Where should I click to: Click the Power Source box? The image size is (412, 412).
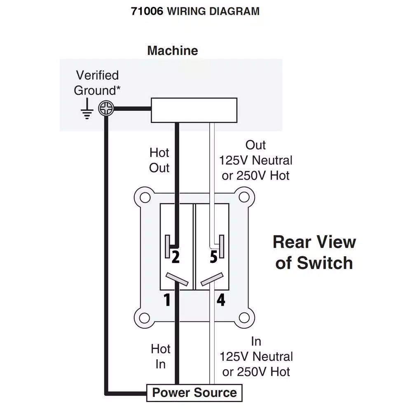[194, 393]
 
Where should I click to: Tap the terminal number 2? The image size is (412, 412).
[176, 257]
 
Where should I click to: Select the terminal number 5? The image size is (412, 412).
[213, 257]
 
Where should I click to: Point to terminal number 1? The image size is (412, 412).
[167, 300]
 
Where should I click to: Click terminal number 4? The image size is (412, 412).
[221, 300]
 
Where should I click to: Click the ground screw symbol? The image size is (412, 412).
[106, 109]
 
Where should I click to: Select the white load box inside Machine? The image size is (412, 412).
[194, 110]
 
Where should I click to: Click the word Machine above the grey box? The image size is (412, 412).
[173, 51]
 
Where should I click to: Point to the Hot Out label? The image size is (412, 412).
[159, 160]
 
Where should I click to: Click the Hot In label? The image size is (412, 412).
[160, 356]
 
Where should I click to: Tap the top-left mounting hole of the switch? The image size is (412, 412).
[144, 197]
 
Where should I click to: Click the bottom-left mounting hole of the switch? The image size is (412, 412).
[144, 318]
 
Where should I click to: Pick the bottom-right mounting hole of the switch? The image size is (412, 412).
[245, 318]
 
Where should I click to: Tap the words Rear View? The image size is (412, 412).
[314, 242]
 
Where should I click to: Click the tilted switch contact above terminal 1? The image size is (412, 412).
[177, 279]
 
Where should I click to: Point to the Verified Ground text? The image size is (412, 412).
[97, 82]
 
